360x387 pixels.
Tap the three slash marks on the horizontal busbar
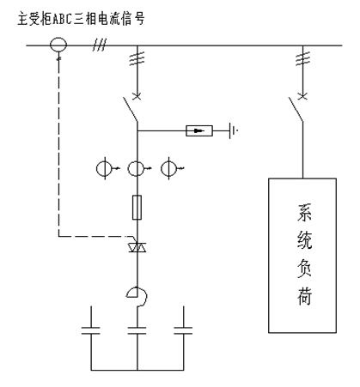100,45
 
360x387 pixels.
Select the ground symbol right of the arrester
233,130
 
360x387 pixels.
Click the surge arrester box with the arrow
199,130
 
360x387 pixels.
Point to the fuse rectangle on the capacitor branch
137,208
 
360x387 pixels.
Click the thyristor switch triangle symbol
137,247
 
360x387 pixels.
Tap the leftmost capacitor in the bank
91,330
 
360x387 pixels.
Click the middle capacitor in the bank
137,330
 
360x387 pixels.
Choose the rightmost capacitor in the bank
183,330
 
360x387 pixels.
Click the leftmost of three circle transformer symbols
96,168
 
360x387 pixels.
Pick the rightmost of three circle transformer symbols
162,168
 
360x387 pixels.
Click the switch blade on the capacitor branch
131,110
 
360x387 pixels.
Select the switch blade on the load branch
296,110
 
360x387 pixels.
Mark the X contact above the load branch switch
302,96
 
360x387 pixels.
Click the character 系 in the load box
303,213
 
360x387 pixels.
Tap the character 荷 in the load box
303,295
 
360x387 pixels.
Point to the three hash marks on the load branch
302,59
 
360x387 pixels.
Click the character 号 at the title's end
139,19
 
